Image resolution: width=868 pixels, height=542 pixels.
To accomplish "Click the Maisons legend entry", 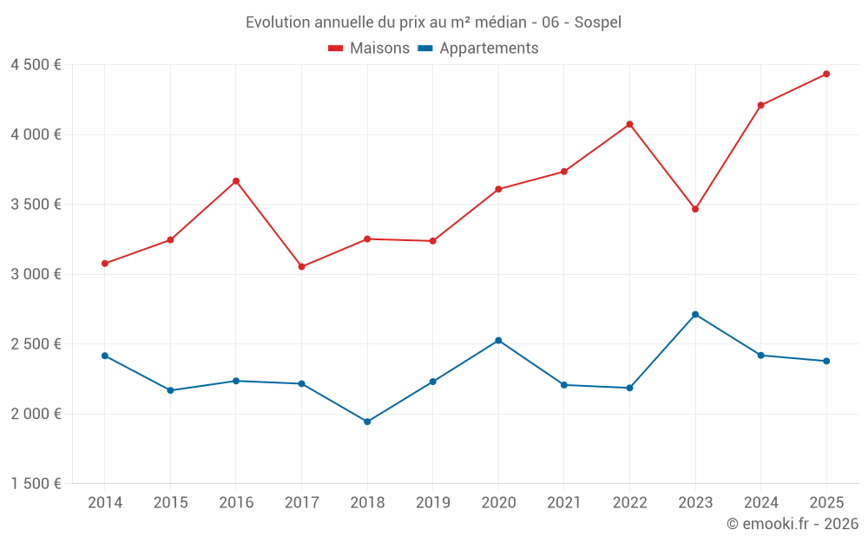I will coord(369,49).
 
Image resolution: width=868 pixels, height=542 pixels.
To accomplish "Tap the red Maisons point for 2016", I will coord(236,181).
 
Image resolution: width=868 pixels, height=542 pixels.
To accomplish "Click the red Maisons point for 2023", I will coord(695,209).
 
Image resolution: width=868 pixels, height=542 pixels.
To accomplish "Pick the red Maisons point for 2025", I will coord(826,74).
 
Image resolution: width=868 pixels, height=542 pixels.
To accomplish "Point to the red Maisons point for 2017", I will coord(301,266).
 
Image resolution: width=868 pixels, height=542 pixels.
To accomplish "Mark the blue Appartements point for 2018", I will coord(367,421).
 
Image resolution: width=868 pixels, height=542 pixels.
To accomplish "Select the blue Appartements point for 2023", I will coord(695,314).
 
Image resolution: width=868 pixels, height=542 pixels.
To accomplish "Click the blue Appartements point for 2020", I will coord(498,340).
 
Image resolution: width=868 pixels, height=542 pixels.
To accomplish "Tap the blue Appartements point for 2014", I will coord(105,356).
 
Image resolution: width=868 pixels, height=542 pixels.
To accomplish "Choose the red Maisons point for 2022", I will coord(629,124).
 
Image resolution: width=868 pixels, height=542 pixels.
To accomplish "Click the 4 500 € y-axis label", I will coord(36,65).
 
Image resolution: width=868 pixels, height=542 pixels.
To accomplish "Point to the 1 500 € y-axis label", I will coord(36,484).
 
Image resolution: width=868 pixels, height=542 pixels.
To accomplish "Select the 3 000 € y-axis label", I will coord(36,274).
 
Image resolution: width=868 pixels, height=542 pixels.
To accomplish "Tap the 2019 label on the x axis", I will coord(432,503).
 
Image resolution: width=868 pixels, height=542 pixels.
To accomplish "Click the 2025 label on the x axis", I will coord(826,503).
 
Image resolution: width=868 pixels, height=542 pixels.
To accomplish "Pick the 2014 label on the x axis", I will coord(105,503).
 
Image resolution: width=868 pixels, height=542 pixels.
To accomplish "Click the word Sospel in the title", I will coord(598,23).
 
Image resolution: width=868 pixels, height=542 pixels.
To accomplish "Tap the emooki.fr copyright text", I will coord(792,524).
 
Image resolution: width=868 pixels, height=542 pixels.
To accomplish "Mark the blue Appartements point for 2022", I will coord(629,388).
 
